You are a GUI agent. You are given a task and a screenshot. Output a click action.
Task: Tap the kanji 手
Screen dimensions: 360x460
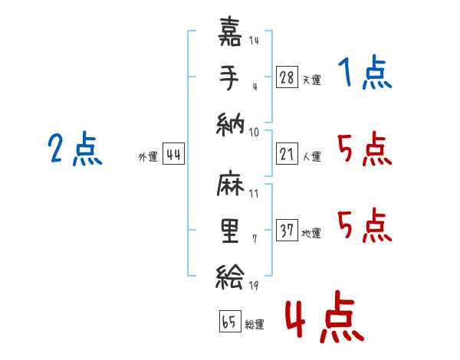tap(229, 78)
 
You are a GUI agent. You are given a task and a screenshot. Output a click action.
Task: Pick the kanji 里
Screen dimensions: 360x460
tap(229, 230)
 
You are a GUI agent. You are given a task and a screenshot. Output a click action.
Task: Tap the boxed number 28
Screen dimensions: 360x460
tap(287, 77)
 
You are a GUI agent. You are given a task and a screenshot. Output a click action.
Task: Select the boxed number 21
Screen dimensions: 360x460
tap(287, 153)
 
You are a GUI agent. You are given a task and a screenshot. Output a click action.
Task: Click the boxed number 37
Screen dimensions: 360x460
tap(287, 231)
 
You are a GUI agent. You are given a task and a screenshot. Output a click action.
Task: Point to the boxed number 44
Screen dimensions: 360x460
tap(173, 154)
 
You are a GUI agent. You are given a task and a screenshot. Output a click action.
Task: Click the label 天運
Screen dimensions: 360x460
tap(311, 79)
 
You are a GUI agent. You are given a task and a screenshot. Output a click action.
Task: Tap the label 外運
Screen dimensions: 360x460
tap(148, 156)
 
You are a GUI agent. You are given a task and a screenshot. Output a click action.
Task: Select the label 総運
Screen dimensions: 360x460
tap(255, 324)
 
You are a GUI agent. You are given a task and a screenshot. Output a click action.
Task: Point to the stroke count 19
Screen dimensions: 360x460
tap(253, 286)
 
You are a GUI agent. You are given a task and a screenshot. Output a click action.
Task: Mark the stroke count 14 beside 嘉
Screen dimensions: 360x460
tap(254, 41)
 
